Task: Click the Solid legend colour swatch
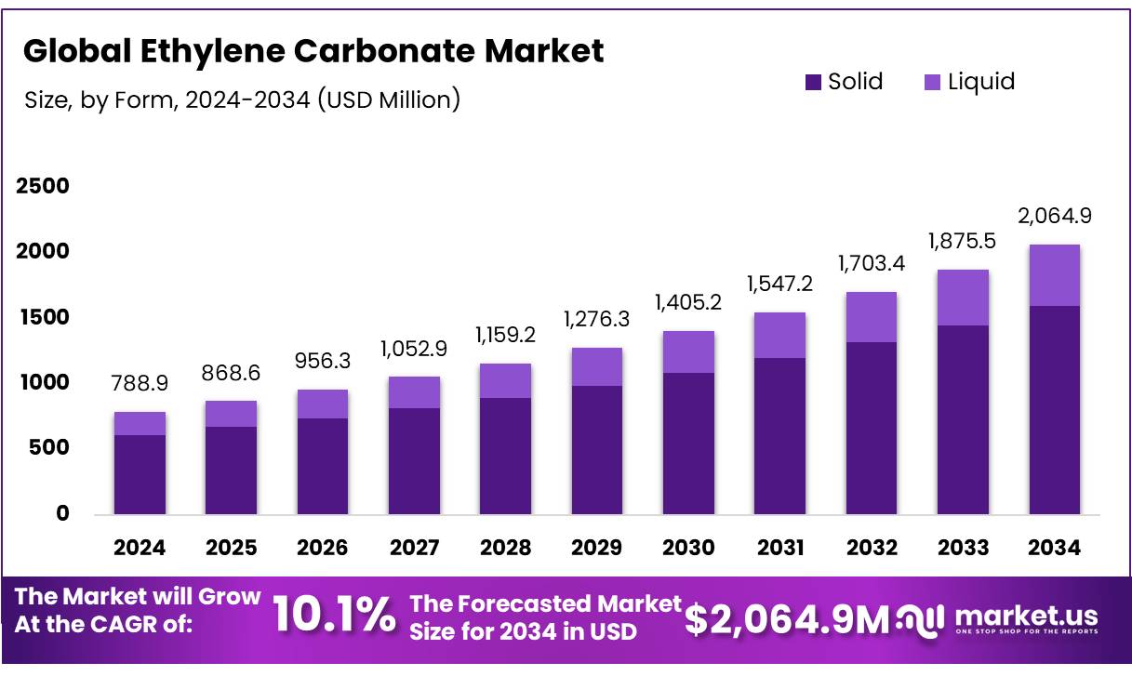(814, 83)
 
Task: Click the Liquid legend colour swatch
(933, 83)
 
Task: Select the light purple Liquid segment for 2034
(1054, 275)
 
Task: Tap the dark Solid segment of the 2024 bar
(139, 474)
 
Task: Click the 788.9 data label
(140, 383)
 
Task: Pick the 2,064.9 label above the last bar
(1055, 216)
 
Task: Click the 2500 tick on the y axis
(43, 187)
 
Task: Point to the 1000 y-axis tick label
(43, 383)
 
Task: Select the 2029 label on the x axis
(596, 548)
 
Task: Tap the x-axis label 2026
(322, 548)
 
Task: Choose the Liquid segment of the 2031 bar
(779, 335)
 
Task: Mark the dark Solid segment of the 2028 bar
(505, 456)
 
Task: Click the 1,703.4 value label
(872, 263)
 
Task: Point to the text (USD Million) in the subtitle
(389, 99)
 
